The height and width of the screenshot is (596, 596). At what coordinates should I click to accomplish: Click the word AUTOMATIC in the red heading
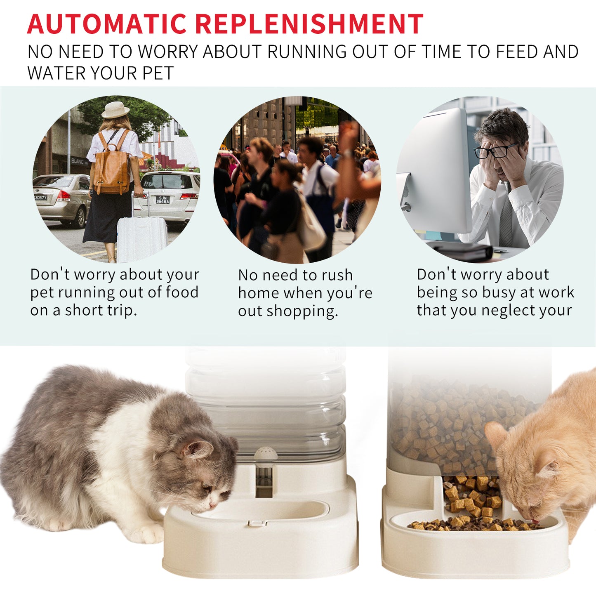107,24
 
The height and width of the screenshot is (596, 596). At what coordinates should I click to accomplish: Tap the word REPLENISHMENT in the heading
309,24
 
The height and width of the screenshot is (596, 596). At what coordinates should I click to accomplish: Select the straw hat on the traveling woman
115,110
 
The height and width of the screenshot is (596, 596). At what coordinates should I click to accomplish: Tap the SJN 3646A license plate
163,200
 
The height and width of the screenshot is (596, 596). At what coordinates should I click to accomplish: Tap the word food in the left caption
182,292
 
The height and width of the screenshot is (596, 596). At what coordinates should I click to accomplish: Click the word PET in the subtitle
158,73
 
